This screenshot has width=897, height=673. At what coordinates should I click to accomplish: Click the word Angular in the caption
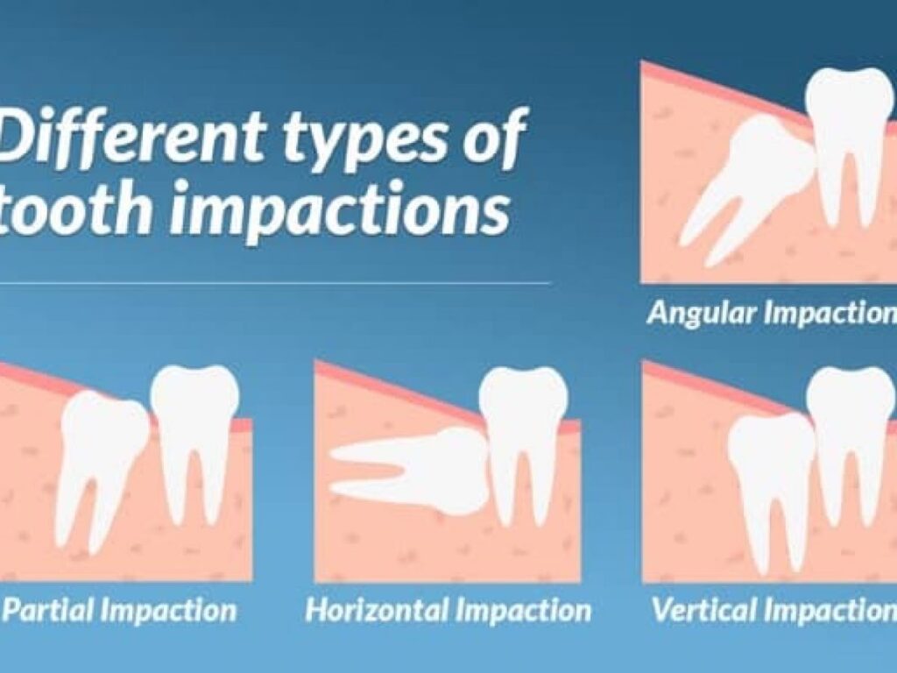tap(703, 314)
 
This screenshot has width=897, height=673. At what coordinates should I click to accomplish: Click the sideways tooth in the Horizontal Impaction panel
tap(412, 470)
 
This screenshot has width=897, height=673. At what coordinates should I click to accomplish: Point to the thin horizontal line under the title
tap(274, 283)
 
